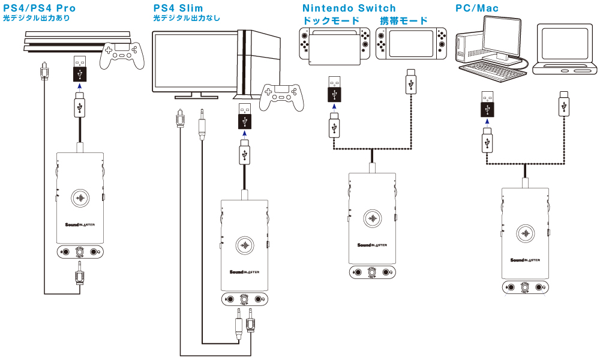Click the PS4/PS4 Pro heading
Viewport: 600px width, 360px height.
[40, 9]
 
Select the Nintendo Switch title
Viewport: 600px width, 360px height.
[349, 8]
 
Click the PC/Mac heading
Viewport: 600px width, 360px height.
[477, 8]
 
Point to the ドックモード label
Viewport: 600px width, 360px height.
[331, 21]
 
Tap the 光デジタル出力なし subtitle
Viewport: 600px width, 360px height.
[186, 19]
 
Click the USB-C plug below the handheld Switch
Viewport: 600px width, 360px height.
[411, 83]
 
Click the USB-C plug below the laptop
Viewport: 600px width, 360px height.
[564, 103]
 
